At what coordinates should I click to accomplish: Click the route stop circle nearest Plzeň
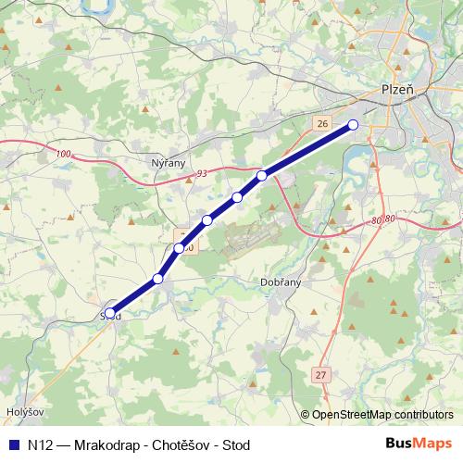coord(353,125)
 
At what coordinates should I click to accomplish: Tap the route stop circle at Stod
coord(110,313)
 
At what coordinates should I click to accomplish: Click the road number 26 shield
coord(321,123)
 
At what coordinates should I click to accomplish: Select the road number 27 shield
coord(320,374)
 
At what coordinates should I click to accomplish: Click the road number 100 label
coord(63,154)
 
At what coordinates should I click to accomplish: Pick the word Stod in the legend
coord(236,444)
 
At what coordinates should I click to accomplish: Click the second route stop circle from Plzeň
coord(262,175)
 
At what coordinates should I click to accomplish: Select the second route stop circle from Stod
coord(158,278)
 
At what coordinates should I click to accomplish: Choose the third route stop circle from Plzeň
coord(238,196)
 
